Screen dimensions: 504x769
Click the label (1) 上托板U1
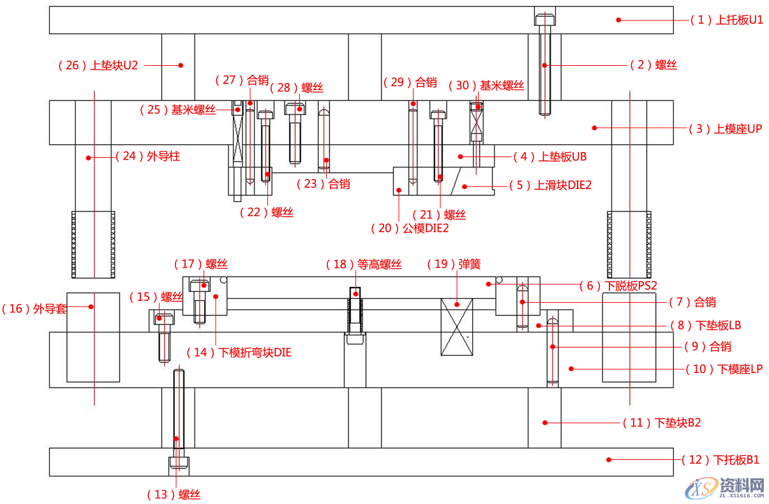[726, 20]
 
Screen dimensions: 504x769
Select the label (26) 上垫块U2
[98, 65]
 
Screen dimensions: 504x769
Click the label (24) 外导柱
[147, 156]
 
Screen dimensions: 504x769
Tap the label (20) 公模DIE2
[410, 228]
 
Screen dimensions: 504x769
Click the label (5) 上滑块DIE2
[550, 185]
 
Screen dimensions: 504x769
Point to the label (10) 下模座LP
[724, 369]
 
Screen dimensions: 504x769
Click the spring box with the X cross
[456, 326]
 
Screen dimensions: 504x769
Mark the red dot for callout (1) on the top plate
[618, 20]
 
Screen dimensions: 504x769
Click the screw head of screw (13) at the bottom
[179, 463]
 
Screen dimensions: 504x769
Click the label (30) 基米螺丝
[486, 85]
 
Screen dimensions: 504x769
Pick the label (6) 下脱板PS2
[618, 286]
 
